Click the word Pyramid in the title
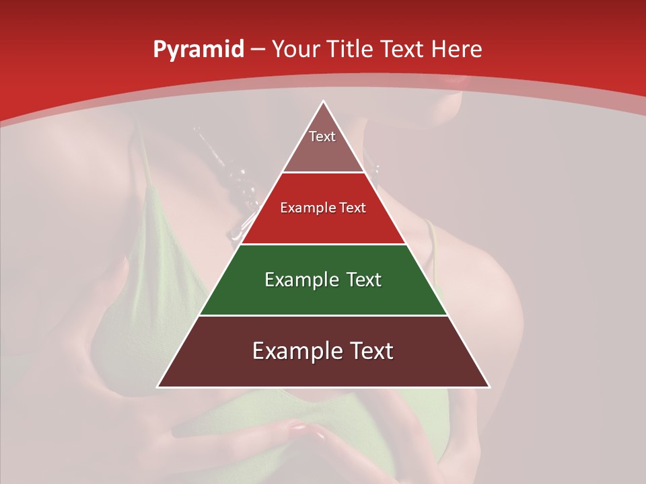point(198,50)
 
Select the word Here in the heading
point(457,49)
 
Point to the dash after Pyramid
point(258,50)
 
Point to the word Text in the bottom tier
point(371,352)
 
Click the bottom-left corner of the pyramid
point(158,387)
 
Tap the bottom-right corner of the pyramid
point(489,387)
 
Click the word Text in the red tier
point(352,208)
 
